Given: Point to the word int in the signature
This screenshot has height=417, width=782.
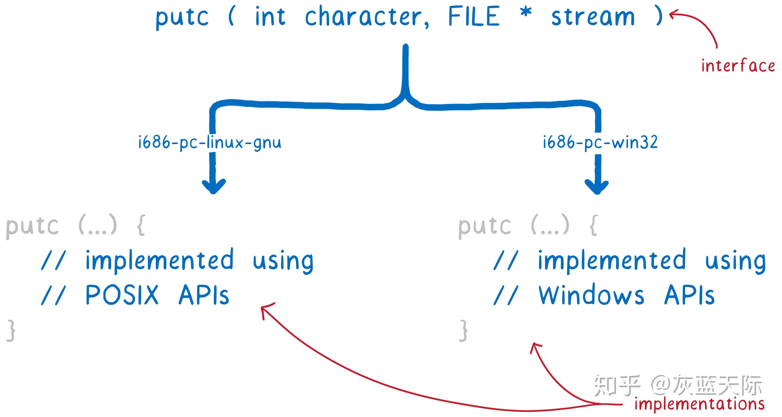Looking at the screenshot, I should pyautogui.click(x=270, y=17).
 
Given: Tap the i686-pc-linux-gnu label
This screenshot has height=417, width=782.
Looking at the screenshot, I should pyautogui.click(x=209, y=142).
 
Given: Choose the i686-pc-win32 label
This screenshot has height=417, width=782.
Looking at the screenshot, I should pyautogui.click(x=600, y=142).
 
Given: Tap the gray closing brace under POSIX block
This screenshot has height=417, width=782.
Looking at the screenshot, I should pyautogui.click(x=11, y=330).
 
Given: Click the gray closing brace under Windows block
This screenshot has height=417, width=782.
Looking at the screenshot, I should pyautogui.click(x=463, y=330).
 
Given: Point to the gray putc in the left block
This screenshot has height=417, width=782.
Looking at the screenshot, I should pyautogui.click(x=32, y=226).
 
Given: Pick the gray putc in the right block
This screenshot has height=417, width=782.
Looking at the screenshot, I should pyautogui.click(x=485, y=226).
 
